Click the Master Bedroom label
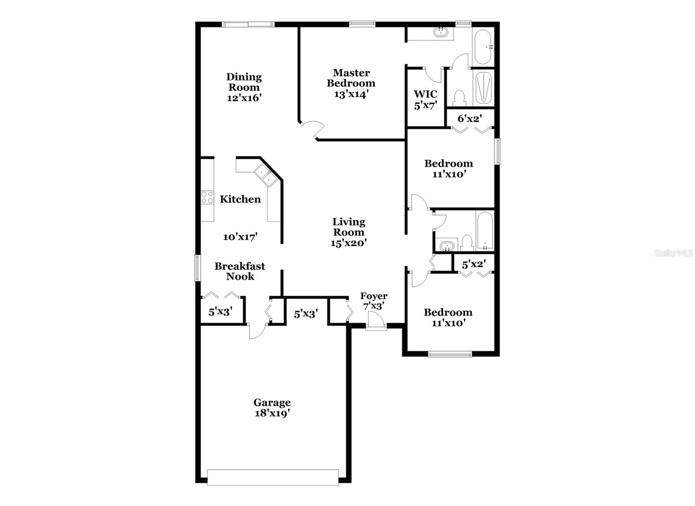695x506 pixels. coord(351,78)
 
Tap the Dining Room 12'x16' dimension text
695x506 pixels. coord(244,98)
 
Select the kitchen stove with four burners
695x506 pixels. coord(207,198)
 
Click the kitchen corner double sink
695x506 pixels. coord(265,175)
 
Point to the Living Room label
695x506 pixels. coord(349,227)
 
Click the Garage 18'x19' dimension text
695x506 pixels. coord(272,413)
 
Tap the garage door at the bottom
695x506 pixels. coord(273,477)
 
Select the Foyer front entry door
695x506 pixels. coord(375,325)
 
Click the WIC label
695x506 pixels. coord(425,94)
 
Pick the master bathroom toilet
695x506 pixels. coord(459,98)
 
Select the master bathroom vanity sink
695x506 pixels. coord(441,32)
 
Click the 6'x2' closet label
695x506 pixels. coord(470,118)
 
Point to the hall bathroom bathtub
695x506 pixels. coord(484,231)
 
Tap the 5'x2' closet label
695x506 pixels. coord(473,264)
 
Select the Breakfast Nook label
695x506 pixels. coord(240,271)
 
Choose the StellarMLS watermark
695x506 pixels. coord(674,253)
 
